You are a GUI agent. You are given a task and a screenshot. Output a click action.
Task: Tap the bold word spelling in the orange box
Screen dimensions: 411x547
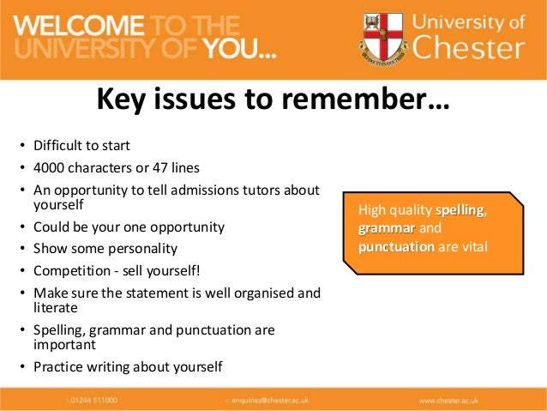[x=460, y=210]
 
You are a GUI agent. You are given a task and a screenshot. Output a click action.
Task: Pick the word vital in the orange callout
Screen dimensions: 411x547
[x=471, y=247]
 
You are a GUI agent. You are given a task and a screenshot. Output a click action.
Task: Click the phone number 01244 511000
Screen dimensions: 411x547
[x=95, y=400]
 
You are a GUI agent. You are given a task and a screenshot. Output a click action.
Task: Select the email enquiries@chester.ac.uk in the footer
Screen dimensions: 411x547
[x=274, y=400]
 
